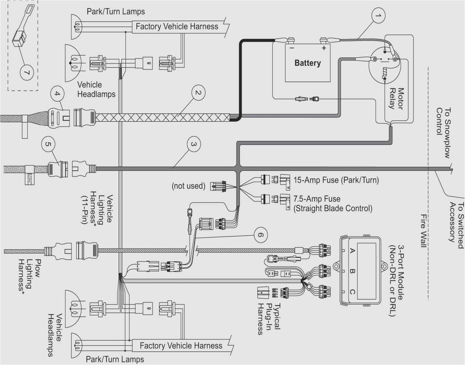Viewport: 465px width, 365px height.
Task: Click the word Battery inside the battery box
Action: coord(308,63)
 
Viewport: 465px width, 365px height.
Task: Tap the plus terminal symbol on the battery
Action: coord(324,48)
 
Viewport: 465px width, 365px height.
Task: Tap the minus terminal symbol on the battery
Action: coord(292,48)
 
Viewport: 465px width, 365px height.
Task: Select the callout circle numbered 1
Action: coord(378,15)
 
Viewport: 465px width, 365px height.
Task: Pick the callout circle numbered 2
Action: coord(198,93)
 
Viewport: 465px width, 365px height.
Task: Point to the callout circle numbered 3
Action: coord(194,144)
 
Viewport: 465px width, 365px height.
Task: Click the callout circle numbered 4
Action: coord(57,94)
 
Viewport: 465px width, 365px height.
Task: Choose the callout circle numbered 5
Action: coord(48,144)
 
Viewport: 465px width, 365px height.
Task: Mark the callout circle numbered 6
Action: coord(260,235)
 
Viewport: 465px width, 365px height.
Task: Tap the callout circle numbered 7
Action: coord(27,72)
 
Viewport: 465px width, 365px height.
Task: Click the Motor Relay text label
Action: coord(396,98)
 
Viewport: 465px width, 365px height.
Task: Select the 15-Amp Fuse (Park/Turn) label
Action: coord(336,180)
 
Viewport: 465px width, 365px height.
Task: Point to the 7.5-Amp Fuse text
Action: coord(317,199)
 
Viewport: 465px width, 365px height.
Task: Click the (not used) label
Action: coord(188,186)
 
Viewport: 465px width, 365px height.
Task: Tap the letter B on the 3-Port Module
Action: coord(352,271)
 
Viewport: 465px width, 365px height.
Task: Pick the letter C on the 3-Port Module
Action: coord(352,291)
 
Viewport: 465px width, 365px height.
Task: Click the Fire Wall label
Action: coord(423,230)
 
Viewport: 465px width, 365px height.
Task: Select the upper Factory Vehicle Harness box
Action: coord(177,26)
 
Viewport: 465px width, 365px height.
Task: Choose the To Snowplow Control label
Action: coord(443,133)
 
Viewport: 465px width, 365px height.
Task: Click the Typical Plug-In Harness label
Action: coord(269,319)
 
